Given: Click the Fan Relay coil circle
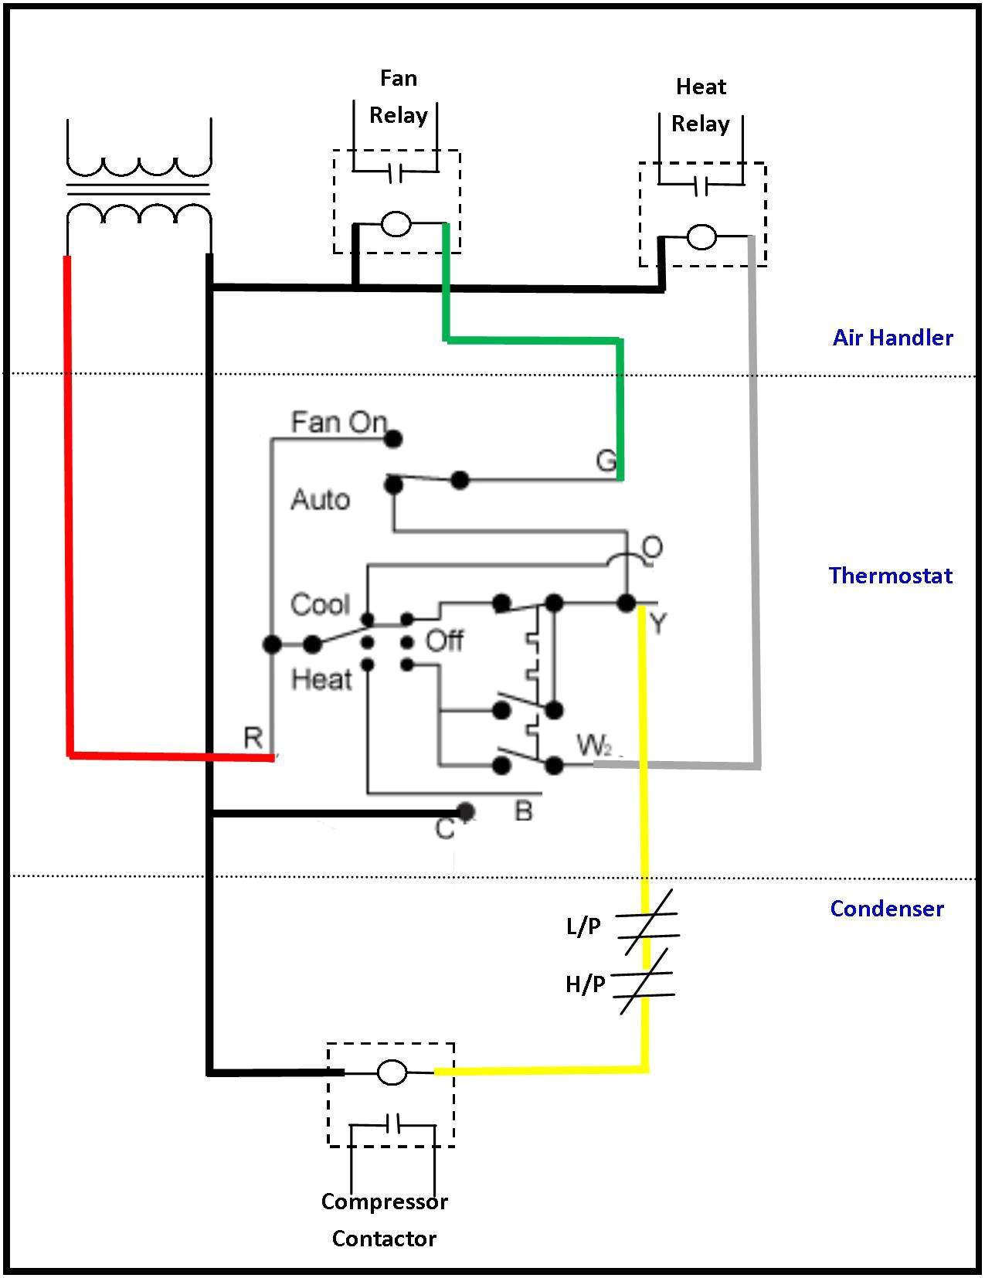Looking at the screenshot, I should [x=396, y=224].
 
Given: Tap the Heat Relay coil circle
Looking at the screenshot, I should [x=701, y=237].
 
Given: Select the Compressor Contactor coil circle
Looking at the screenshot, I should [x=392, y=1072].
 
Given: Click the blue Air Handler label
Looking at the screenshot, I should [x=892, y=338].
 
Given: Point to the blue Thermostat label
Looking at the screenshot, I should [x=890, y=576].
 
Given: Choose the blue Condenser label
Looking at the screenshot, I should [x=886, y=909].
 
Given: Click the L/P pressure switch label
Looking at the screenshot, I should [x=583, y=926].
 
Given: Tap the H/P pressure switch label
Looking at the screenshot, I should [x=585, y=984].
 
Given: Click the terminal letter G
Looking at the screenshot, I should [x=606, y=461].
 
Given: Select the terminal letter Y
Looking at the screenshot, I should [x=657, y=623].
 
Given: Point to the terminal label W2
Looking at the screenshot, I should [x=595, y=746].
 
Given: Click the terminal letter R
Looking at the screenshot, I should [x=253, y=738].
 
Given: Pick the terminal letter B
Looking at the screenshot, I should [x=524, y=811].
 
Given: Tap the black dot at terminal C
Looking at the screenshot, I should [x=465, y=811].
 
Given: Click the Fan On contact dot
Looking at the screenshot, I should [x=393, y=439].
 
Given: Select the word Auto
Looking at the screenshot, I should [x=320, y=500].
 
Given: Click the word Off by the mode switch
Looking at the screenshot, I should [x=444, y=641].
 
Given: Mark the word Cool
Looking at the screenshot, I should [x=320, y=604].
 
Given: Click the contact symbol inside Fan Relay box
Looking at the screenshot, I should [x=396, y=174].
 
